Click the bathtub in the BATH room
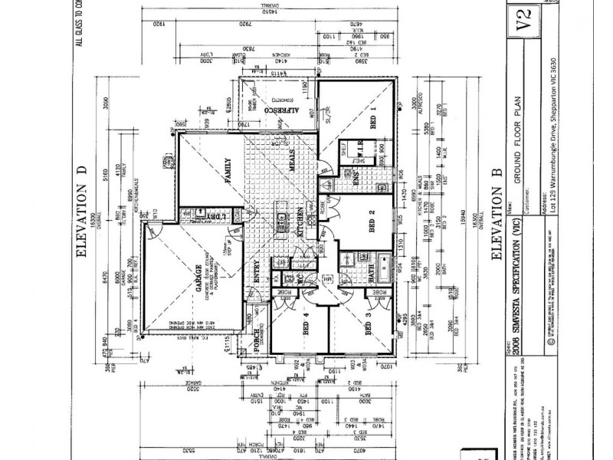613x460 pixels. click(x=382, y=264)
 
